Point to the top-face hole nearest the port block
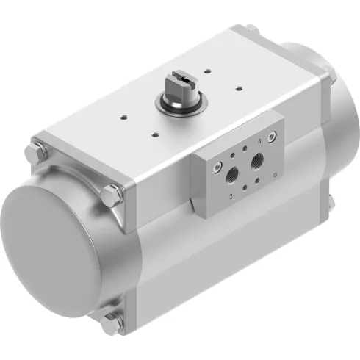[x=156, y=134]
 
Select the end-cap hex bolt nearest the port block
[x=112, y=195]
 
